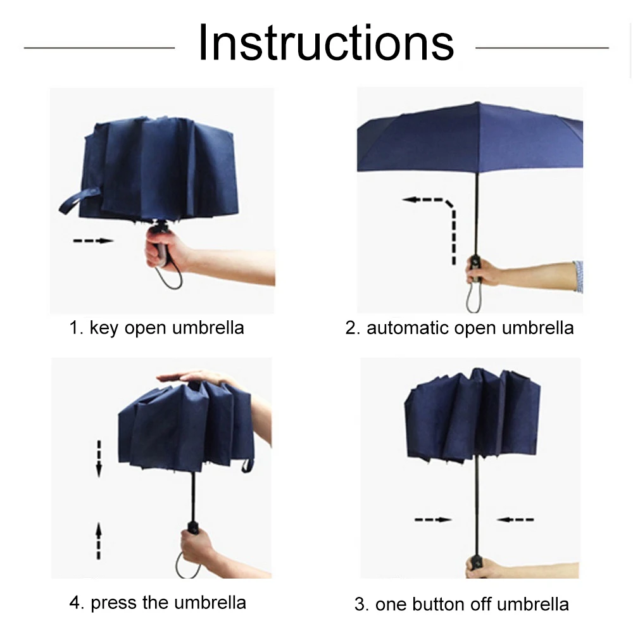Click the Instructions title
[326, 43]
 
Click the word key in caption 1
[104, 328]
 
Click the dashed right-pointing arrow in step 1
[93, 241]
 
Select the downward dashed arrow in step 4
[99, 458]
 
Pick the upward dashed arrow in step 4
[99, 541]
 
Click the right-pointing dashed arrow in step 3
[433, 520]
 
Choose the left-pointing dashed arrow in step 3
[515, 520]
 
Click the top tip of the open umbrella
[477, 103]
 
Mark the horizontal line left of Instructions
[99, 47]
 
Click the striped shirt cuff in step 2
[578, 277]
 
